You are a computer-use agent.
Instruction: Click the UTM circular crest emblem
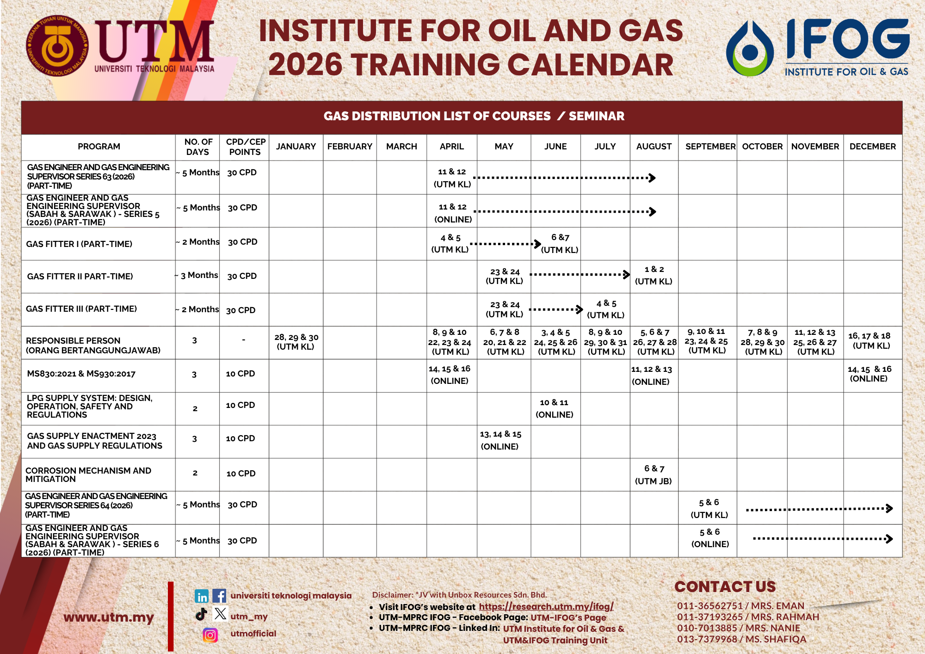(57, 46)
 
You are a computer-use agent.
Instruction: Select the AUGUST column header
(654, 147)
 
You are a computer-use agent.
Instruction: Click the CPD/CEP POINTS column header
(245, 147)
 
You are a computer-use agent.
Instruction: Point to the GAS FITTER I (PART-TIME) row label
(79, 244)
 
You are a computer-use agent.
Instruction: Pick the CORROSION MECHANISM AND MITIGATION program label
(88, 475)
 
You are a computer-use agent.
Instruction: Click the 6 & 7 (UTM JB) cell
(654, 475)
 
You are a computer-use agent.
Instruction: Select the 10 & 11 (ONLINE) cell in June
(555, 408)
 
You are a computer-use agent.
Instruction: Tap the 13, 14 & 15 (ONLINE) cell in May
(500, 440)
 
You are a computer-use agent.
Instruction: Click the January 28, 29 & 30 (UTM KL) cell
(296, 342)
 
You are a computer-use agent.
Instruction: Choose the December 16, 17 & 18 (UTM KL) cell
(869, 341)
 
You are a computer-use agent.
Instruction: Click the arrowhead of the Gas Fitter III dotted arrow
(580, 309)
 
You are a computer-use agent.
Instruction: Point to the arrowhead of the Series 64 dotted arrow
(889, 508)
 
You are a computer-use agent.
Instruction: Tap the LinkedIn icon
(202, 596)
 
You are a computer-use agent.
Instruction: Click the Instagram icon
(210, 635)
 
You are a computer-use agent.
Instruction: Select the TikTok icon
(201, 614)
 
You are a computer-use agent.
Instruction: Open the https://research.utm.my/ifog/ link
(546, 606)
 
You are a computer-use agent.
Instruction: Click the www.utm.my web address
(109, 617)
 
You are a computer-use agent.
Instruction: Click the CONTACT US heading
(725, 586)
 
